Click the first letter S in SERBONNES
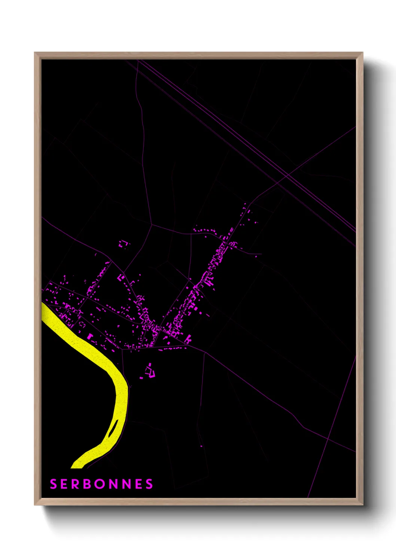coord(53,484)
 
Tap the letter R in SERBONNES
coord(75,484)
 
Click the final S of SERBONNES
coord(150,484)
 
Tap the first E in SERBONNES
coord(64,484)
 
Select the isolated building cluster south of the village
coord(150,371)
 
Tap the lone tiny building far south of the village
coord(201,446)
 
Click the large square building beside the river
coord(89,337)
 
